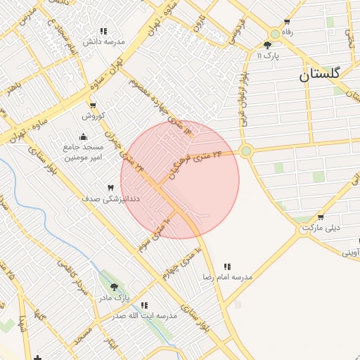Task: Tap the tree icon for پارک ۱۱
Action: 267,45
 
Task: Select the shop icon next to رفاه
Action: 285,21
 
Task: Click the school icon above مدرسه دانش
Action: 103,31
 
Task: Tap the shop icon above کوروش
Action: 92,105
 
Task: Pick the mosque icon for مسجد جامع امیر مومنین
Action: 84,136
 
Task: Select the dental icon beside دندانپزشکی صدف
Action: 110,188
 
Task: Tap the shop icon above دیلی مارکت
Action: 321,217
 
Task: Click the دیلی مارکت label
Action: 321,228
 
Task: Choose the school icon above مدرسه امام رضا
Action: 227,266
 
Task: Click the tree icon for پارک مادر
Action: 114,287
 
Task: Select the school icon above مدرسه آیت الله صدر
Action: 143,305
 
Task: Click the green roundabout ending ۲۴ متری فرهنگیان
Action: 245,150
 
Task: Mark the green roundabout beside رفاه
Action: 275,34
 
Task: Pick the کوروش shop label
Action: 93,115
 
